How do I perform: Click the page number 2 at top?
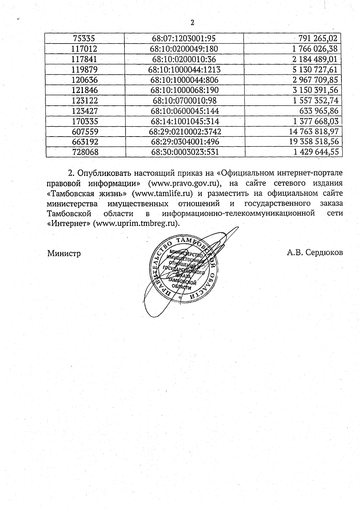click(x=192, y=23)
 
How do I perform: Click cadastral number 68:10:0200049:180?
click(x=184, y=49)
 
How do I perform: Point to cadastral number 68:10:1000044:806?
click(x=184, y=80)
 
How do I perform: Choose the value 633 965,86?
click(x=319, y=111)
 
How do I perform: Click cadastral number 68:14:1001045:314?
click(x=185, y=121)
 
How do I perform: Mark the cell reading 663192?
click(x=85, y=142)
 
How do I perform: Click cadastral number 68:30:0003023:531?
click(x=185, y=152)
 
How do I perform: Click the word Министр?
click(x=64, y=253)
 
